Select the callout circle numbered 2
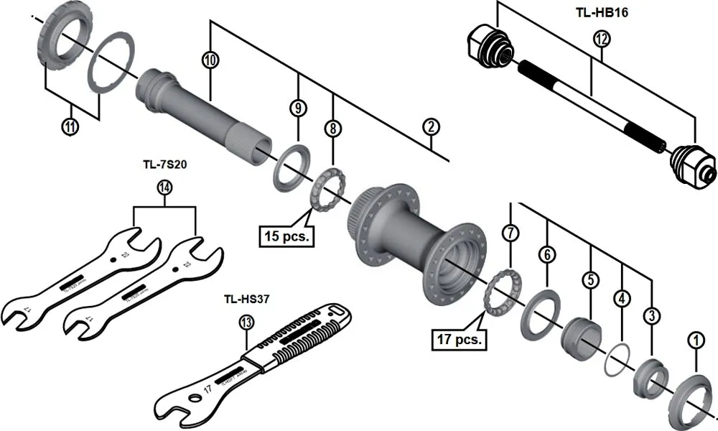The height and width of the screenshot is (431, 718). [429, 128]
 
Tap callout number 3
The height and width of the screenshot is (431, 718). [652, 314]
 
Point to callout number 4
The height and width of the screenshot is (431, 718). [621, 297]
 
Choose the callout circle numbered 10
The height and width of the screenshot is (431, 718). [210, 60]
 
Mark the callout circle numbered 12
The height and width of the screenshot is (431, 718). [601, 40]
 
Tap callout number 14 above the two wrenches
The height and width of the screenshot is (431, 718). [165, 188]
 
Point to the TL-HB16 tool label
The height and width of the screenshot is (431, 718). [602, 13]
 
